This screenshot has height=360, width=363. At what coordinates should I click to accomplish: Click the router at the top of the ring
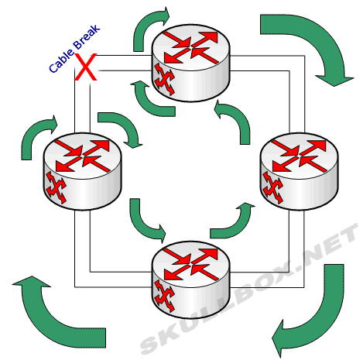190,63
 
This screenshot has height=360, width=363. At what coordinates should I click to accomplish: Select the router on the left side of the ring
82,171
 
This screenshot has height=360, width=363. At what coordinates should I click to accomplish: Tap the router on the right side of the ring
299,171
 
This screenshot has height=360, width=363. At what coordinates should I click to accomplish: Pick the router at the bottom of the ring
190,279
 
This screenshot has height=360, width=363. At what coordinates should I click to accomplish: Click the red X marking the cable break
85,67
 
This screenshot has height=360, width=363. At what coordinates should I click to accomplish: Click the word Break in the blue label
87,36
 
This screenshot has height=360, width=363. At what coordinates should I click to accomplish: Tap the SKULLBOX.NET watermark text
249,288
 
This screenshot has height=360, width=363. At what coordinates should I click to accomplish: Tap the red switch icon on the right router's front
273,187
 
